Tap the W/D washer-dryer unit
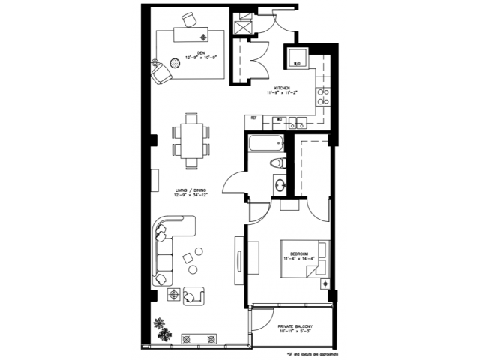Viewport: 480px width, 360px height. tap(297, 62)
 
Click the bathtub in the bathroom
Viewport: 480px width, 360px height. tap(264, 143)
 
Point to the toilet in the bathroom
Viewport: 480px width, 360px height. tap(275, 163)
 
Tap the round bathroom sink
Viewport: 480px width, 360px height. tap(280, 183)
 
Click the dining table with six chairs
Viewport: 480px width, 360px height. tap(191, 139)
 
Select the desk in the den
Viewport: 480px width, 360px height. tap(190, 34)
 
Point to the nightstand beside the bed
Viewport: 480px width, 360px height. tap(325, 283)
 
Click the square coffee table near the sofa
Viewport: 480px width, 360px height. tap(188, 258)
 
